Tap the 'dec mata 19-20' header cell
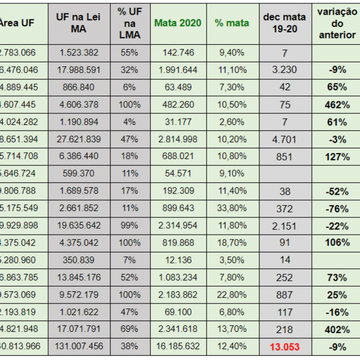(284, 23)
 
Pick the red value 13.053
(284, 347)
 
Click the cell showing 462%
(337, 104)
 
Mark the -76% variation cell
(337, 208)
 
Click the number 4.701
(284, 139)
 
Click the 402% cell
(337, 329)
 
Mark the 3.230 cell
(284, 70)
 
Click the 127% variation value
(337, 157)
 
